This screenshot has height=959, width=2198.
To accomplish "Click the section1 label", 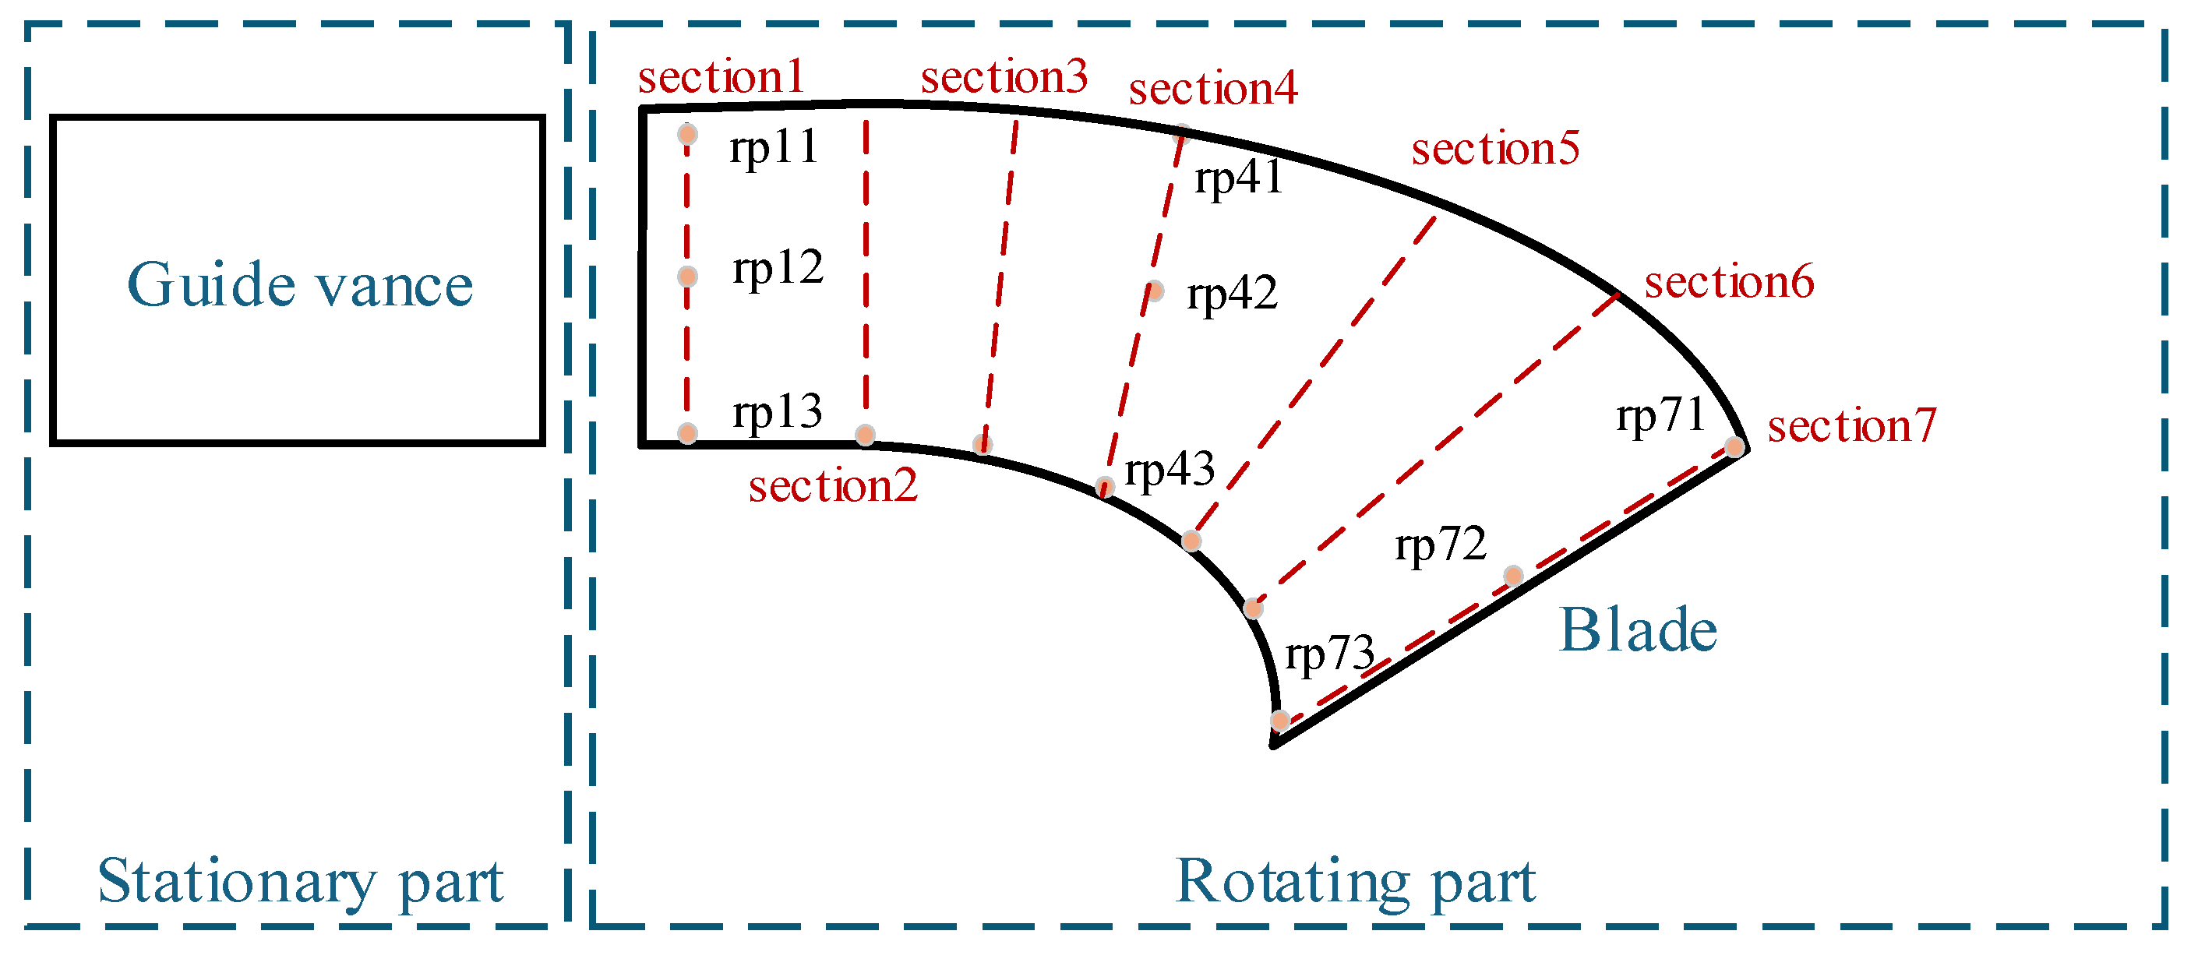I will click(x=721, y=78).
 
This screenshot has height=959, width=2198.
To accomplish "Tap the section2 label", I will click(x=833, y=486).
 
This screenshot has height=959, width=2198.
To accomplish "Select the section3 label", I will click(x=1004, y=78).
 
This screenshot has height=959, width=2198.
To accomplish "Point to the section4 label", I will click(x=1212, y=89).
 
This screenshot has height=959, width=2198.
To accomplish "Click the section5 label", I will click(x=1495, y=149).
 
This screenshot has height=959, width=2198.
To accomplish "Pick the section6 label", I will click(x=1729, y=283).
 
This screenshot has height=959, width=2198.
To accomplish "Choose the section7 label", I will click(x=1851, y=426).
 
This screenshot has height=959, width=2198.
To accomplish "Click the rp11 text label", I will click(x=774, y=147).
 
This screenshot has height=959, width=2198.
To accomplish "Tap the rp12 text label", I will click(x=778, y=268).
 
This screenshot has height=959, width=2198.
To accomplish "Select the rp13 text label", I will click(x=778, y=412).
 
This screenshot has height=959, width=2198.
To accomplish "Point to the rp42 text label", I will click(x=1231, y=294).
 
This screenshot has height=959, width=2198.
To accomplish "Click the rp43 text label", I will click(x=1169, y=470).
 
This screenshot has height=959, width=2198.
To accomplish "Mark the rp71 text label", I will click(x=1660, y=416).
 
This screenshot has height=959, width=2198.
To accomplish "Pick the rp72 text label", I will click(x=1441, y=545).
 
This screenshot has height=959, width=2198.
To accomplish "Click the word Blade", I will click(x=1638, y=630).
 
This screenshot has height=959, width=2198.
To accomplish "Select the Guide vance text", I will click(x=299, y=285).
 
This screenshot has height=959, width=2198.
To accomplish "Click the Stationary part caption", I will click(x=300, y=881).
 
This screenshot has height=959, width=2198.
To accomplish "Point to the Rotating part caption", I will click(x=1355, y=881).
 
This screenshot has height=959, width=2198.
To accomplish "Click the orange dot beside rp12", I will click(x=688, y=277).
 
